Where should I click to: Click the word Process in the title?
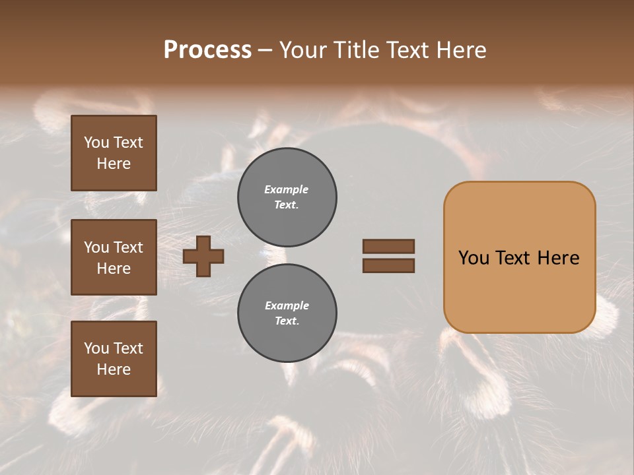[207, 50]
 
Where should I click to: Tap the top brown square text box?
[114, 153]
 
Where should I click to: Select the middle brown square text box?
[114, 257]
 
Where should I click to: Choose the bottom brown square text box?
[114, 359]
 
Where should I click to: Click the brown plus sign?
[203, 256]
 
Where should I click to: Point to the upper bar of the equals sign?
[388, 246]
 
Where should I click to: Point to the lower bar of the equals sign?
[388, 266]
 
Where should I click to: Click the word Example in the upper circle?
[287, 189]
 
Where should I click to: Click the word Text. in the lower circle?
[287, 321]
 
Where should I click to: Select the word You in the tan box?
[474, 258]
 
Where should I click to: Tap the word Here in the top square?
[114, 164]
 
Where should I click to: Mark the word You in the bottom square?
[96, 348]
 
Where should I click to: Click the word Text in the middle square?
[127, 247]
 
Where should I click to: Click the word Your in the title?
[302, 50]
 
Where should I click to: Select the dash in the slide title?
[265, 51]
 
